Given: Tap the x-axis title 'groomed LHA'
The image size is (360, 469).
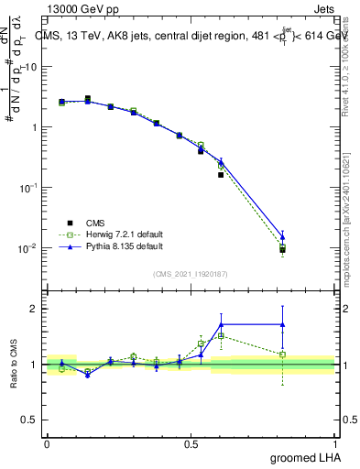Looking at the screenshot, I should point(304,456).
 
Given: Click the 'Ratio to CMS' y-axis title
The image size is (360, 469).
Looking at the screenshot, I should point(16,365).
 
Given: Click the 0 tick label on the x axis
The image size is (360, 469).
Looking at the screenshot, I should point(47,443).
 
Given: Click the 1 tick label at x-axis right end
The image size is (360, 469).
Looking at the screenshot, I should point(336,443).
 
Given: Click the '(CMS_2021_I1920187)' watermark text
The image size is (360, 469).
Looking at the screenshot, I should point(191,272).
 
